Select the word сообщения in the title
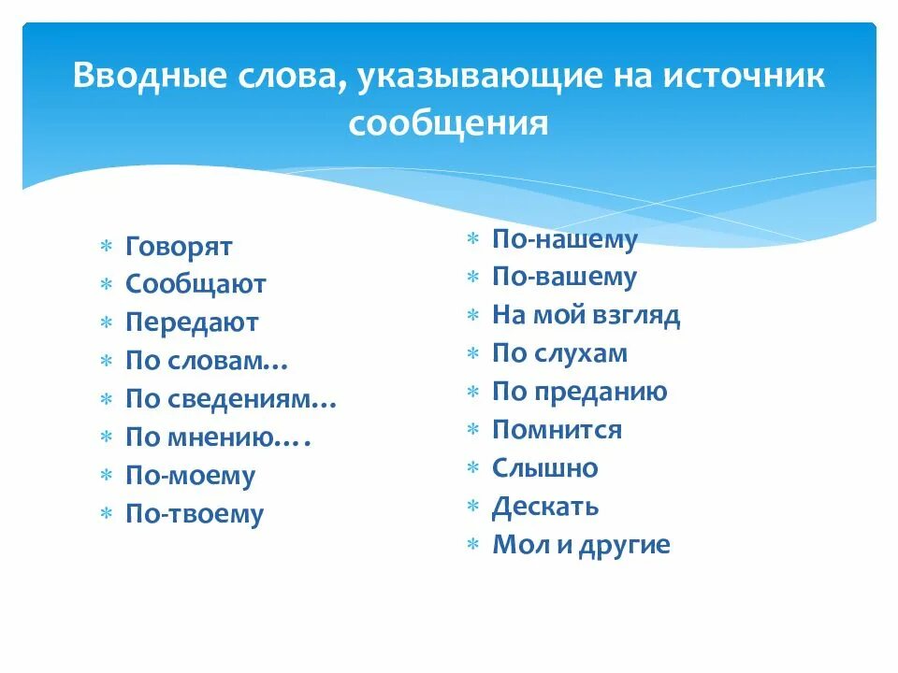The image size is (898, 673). click(x=448, y=123)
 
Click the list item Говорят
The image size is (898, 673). click(x=179, y=247)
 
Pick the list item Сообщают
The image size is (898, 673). click(x=196, y=284)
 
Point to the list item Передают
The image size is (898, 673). click(x=192, y=322)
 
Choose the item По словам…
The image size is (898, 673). click(x=207, y=361)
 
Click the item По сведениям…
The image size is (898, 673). click(x=231, y=399)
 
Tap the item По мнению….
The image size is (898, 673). click(x=218, y=437)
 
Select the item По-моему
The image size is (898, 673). click(x=190, y=476)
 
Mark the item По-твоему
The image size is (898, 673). click(x=195, y=514)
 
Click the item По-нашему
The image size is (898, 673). click(x=564, y=239)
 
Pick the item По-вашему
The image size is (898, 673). click(x=564, y=278)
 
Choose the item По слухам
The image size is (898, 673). click(x=559, y=354)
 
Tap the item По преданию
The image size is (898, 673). click(x=579, y=393)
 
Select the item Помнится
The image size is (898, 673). click(x=557, y=431)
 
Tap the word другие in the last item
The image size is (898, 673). click(x=625, y=546)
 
